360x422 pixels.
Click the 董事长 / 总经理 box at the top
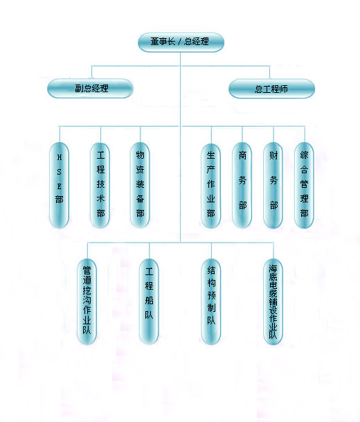pyautogui.click(x=181, y=42)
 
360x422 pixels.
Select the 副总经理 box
pyautogui.click(x=90, y=88)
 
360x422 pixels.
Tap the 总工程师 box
pyautogui.click(x=271, y=89)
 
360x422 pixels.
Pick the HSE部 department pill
pyautogui.click(x=59, y=185)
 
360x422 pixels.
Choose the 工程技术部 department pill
pyautogui.click(x=100, y=185)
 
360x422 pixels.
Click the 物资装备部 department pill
pyautogui.click(x=140, y=185)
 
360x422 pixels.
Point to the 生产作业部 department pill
pyautogui.click(x=210, y=186)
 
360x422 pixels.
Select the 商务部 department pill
pyautogui.click(x=242, y=185)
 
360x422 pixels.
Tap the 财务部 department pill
pyautogui.click(x=273, y=185)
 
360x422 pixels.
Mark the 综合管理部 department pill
pyautogui.click(x=304, y=185)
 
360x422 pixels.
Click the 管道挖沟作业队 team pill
pyautogui.click(x=87, y=301)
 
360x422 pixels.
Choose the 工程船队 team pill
pyautogui.click(x=149, y=301)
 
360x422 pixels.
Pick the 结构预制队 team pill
pyautogui.click(x=211, y=301)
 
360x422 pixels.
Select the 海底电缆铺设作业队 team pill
pyautogui.click(x=273, y=301)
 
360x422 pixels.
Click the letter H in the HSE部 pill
pyautogui.click(x=59, y=157)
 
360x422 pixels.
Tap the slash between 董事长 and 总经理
pyautogui.click(x=179, y=42)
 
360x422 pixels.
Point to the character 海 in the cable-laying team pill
pyautogui.click(x=273, y=269)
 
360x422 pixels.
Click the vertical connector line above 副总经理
pyautogui.click(x=91, y=72)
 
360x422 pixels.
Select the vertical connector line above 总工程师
pyautogui.click(x=270, y=72)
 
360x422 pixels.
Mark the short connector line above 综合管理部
pyautogui.click(x=305, y=134)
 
